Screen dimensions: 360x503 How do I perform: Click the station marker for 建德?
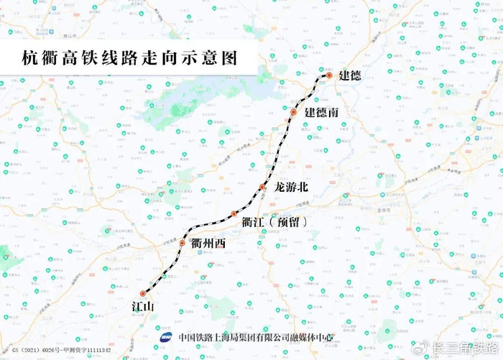click(328, 75)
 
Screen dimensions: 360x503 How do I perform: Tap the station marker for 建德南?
click(293, 113)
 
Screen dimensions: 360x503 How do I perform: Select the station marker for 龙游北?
click(263, 187)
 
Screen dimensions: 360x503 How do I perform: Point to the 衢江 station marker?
click(234, 214)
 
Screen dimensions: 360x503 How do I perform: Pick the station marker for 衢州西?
click(181, 243)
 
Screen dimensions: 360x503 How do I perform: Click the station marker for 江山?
click(143, 293)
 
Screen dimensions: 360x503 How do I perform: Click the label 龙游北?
click(291, 187)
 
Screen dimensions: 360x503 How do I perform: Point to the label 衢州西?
click(209, 244)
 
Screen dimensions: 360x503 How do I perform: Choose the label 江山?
click(143, 307)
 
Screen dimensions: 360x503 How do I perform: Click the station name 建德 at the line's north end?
click(350, 75)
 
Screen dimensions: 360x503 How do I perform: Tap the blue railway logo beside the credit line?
click(166, 336)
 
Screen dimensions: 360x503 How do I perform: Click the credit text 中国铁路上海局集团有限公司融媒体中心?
click(256, 336)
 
